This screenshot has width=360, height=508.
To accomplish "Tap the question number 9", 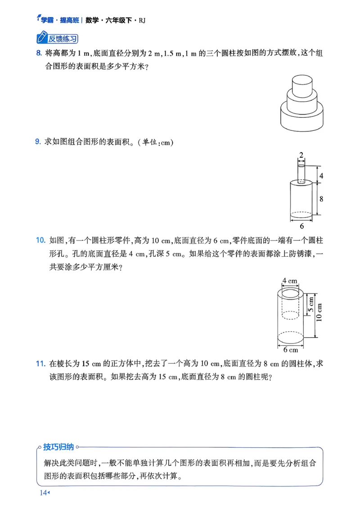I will (38, 142).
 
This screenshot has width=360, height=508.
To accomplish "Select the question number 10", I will (40, 241).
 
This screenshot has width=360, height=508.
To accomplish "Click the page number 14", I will (43, 494).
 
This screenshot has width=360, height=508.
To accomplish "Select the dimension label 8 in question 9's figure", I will (321, 198).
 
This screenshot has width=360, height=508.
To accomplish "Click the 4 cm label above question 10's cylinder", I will (290, 281).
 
